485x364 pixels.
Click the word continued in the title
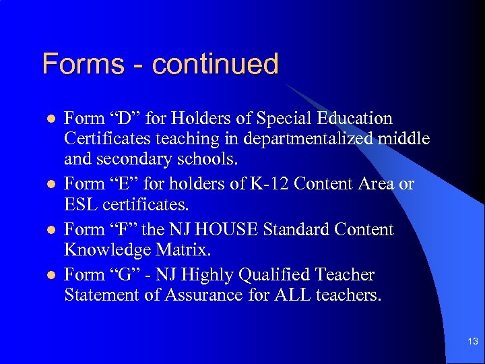[215, 65]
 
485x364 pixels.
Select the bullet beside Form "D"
[48, 119]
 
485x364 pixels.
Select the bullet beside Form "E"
[48, 184]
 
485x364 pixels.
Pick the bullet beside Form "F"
[48, 230]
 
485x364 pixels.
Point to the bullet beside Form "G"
[48, 275]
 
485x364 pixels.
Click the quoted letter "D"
[124, 119]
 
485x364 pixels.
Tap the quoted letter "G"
[124, 275]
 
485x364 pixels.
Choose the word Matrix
[182, 250]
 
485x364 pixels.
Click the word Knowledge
[107, 250]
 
